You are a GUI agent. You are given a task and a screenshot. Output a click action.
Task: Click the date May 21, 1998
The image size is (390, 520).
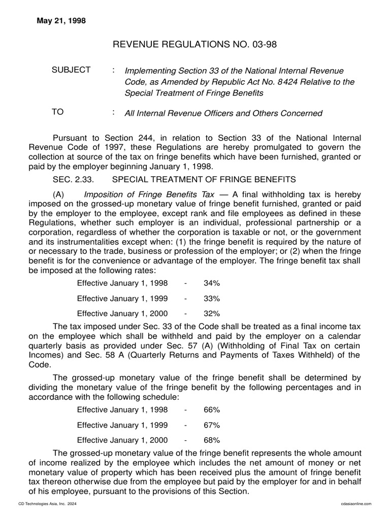(61, 21)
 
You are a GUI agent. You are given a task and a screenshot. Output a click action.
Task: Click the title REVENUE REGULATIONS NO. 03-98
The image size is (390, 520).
(194, 46)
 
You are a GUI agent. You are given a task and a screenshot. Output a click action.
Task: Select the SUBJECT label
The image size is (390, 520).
(71, 70)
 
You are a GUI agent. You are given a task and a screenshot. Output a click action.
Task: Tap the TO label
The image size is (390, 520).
(58, 112)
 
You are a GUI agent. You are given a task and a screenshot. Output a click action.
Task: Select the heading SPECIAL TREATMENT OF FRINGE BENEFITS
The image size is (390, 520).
(204, 179)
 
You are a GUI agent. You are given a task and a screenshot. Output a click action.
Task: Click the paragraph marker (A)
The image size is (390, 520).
(59, 194)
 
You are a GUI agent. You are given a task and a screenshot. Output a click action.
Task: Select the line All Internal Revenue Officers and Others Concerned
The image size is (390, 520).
(223, 113)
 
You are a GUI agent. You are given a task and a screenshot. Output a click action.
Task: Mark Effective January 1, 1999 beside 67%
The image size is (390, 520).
(122, 425)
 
